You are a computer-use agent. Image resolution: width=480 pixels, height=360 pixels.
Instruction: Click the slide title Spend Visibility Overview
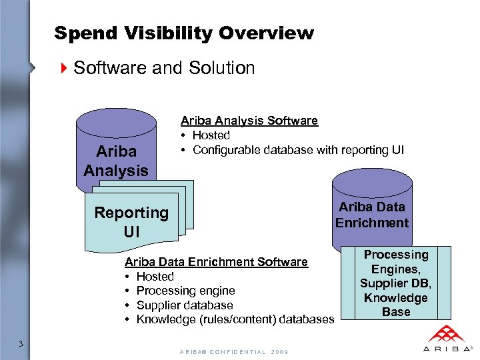point(183,33)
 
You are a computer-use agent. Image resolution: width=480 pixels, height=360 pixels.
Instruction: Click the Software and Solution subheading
point(164,68)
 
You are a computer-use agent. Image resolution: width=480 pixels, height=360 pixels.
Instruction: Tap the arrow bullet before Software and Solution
point(64,68)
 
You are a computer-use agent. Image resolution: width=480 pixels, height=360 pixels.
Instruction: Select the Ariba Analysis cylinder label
point(115,161)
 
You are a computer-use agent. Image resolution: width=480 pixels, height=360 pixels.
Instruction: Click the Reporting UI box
point(131,221)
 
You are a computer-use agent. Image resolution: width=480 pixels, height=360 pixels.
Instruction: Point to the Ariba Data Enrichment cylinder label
point(372,215)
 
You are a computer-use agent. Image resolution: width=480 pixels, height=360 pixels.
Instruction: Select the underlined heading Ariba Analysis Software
point(249,121)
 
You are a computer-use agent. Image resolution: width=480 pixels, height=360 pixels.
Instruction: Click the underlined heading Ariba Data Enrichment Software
point(216,262)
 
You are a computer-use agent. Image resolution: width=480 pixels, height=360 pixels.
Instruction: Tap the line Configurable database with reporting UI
point(298,150)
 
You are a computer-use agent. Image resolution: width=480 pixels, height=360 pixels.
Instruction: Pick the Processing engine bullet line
point(185,291)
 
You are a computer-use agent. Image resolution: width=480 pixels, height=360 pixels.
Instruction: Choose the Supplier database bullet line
point(185,305)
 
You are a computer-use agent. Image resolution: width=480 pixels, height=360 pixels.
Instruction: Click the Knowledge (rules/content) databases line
point(235,320)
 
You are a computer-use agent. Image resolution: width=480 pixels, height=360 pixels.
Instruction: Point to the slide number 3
point(21,344)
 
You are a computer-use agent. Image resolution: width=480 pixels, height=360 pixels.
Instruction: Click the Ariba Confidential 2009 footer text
point(233,351)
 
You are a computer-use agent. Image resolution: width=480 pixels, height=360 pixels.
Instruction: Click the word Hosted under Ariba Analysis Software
point(211,135)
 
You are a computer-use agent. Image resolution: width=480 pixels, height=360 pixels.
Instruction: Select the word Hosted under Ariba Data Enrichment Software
point(155,277)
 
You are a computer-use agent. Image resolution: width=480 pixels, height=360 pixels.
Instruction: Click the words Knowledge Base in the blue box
point(396,305)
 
